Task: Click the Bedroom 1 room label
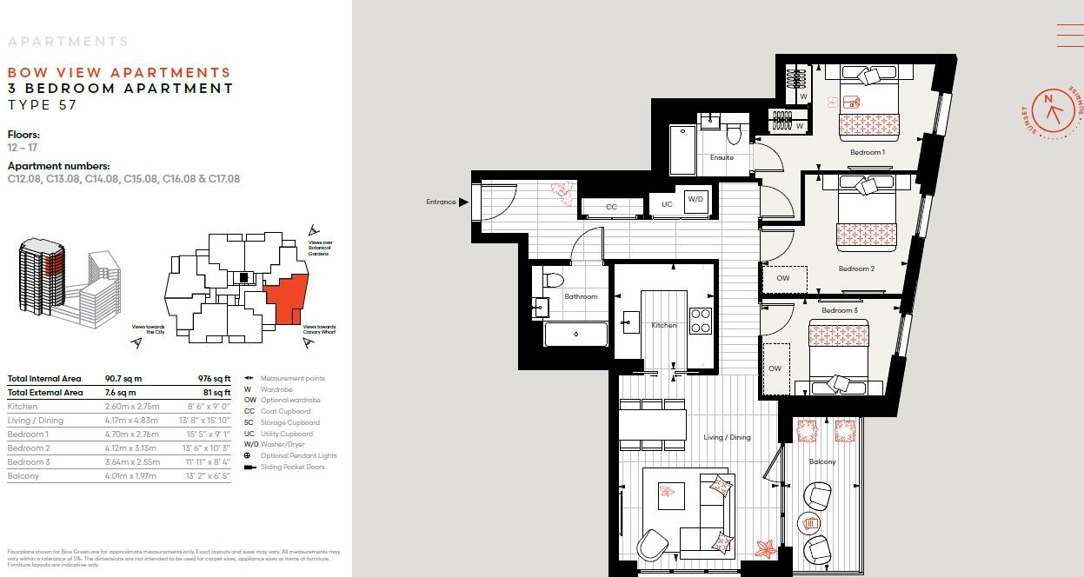click(867, 152)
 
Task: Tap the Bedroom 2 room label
click(856, 269)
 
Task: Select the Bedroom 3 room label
click(840, 310)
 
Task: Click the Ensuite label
click(722, 157)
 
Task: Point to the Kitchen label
click(663, 325)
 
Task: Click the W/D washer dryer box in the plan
click(695, 199)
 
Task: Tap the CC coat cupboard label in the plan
click(611, 207)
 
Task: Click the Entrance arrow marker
click(463, 202)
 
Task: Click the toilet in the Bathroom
click(554, 279)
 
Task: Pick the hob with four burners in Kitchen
click(700, 321)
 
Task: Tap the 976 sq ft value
click(215, 379)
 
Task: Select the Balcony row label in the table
click(23, 476)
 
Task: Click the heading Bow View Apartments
click(119, 73)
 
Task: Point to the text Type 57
click(42, 105)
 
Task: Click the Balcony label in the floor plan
click(821, 461)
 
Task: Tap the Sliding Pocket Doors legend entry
click(290, 468)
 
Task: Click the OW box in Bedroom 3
click(775, 368)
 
